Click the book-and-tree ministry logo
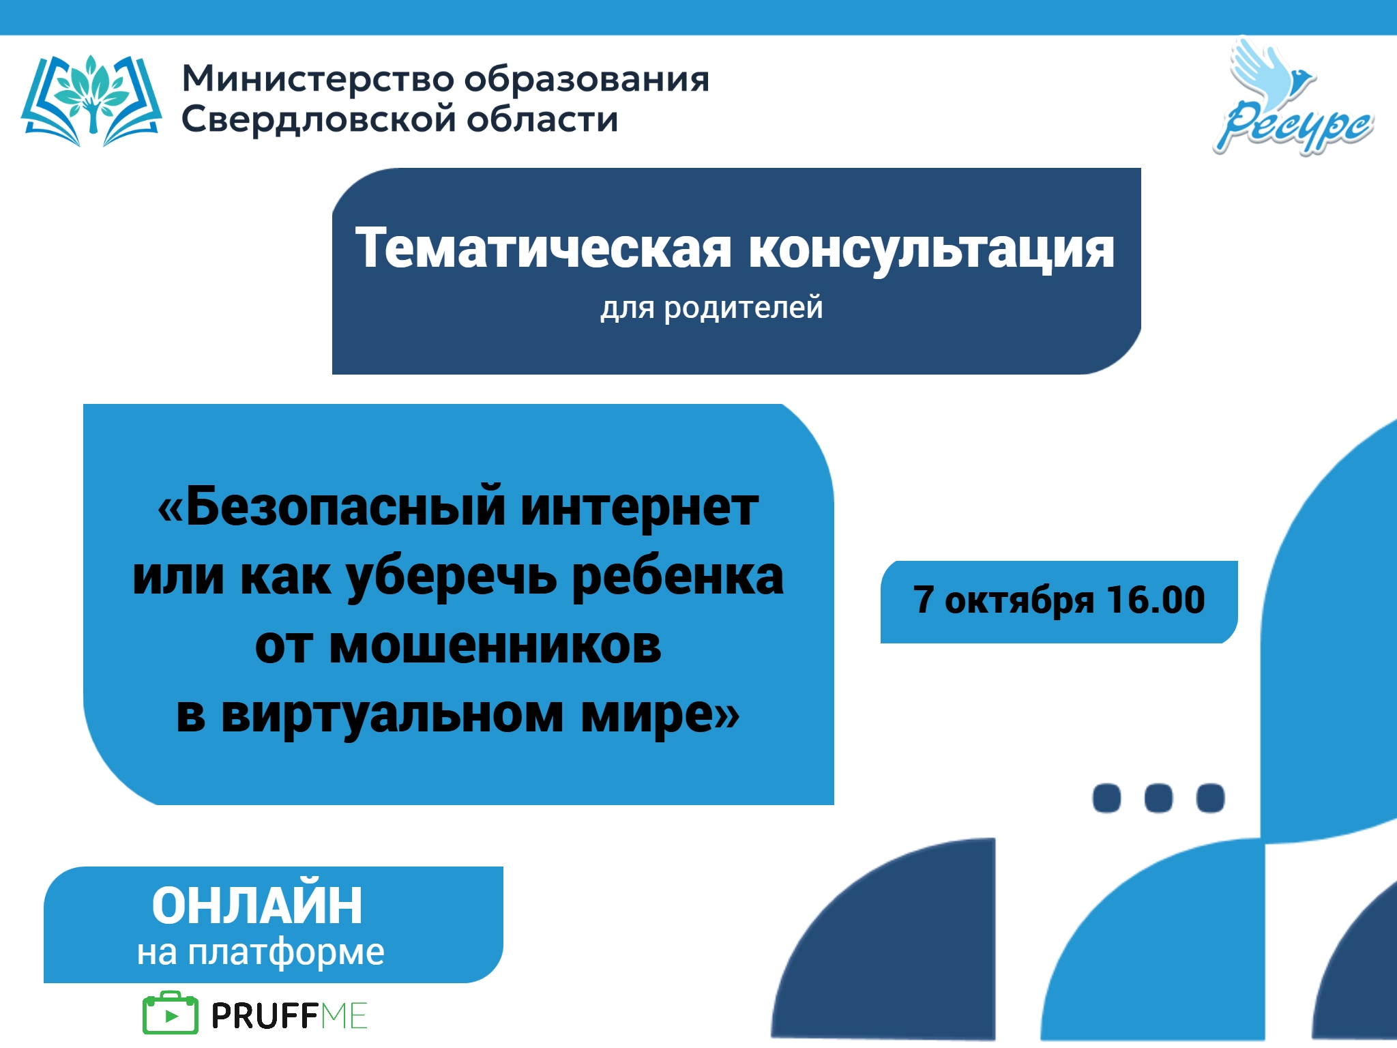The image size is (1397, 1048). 91,101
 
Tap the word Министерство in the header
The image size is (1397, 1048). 318,79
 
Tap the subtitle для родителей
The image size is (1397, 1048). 711,308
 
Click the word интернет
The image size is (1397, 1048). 639,508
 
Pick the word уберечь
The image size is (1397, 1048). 452,577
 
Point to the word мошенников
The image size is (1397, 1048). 495,646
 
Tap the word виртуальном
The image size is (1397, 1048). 392,715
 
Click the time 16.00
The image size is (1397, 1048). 1156,600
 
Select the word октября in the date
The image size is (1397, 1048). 1019,600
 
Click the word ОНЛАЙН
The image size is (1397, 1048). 257,905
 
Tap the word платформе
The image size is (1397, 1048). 286,952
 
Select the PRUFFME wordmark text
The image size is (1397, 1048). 289,1015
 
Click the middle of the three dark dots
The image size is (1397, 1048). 1158,798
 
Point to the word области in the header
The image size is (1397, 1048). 542,119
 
